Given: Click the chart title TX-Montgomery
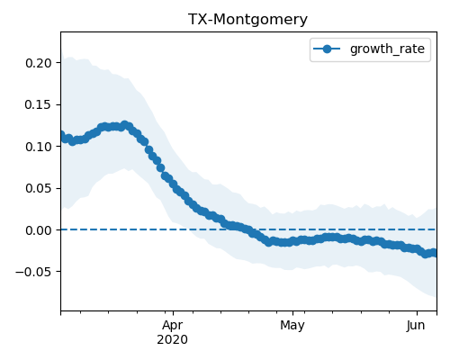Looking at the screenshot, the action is point(247,20).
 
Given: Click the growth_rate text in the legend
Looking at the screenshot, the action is point(387,49).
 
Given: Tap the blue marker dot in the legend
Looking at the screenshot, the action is point(327,49).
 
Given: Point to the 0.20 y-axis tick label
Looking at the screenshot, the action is point(39,63).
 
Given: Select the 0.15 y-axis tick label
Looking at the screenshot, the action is point(39,104).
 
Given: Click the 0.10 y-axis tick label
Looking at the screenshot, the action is point(39,147).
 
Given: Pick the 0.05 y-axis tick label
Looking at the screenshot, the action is point(39,188).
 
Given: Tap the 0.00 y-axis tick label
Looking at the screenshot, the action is point(39,230).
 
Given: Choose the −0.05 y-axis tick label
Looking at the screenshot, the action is point(33,272).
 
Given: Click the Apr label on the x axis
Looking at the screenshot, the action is point(173,326).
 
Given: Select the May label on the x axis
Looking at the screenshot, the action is point(292,326).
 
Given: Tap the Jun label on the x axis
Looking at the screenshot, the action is point(416,325).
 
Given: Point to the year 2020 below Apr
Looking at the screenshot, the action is point(173,339).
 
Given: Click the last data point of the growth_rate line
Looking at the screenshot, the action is point(434,253).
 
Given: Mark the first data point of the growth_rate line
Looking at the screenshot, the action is point(62,136).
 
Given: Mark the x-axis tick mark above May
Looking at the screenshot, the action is point(292,313).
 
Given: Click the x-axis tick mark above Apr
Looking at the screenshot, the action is point(173,313).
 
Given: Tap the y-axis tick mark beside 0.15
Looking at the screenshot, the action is point(58,104).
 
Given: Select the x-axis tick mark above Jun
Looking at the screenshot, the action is point(417,313).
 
